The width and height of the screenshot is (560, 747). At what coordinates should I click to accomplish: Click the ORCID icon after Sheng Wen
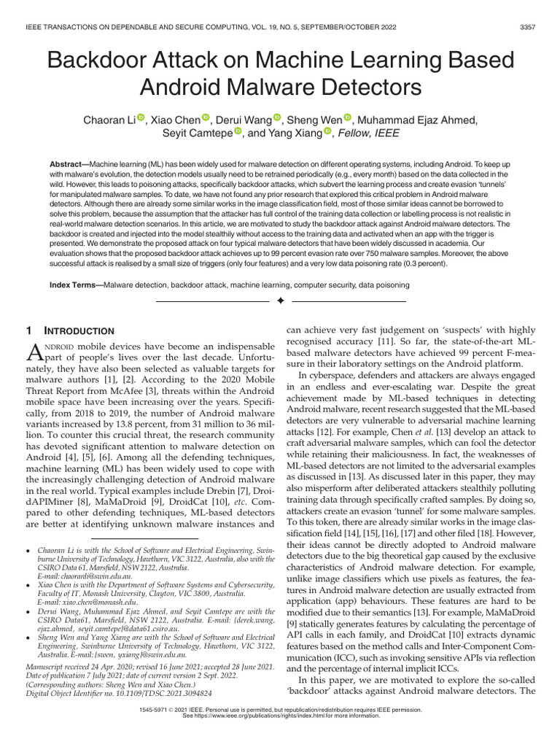click(347, 119)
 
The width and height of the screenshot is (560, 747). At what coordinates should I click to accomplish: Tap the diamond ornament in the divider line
click(279, 301)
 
